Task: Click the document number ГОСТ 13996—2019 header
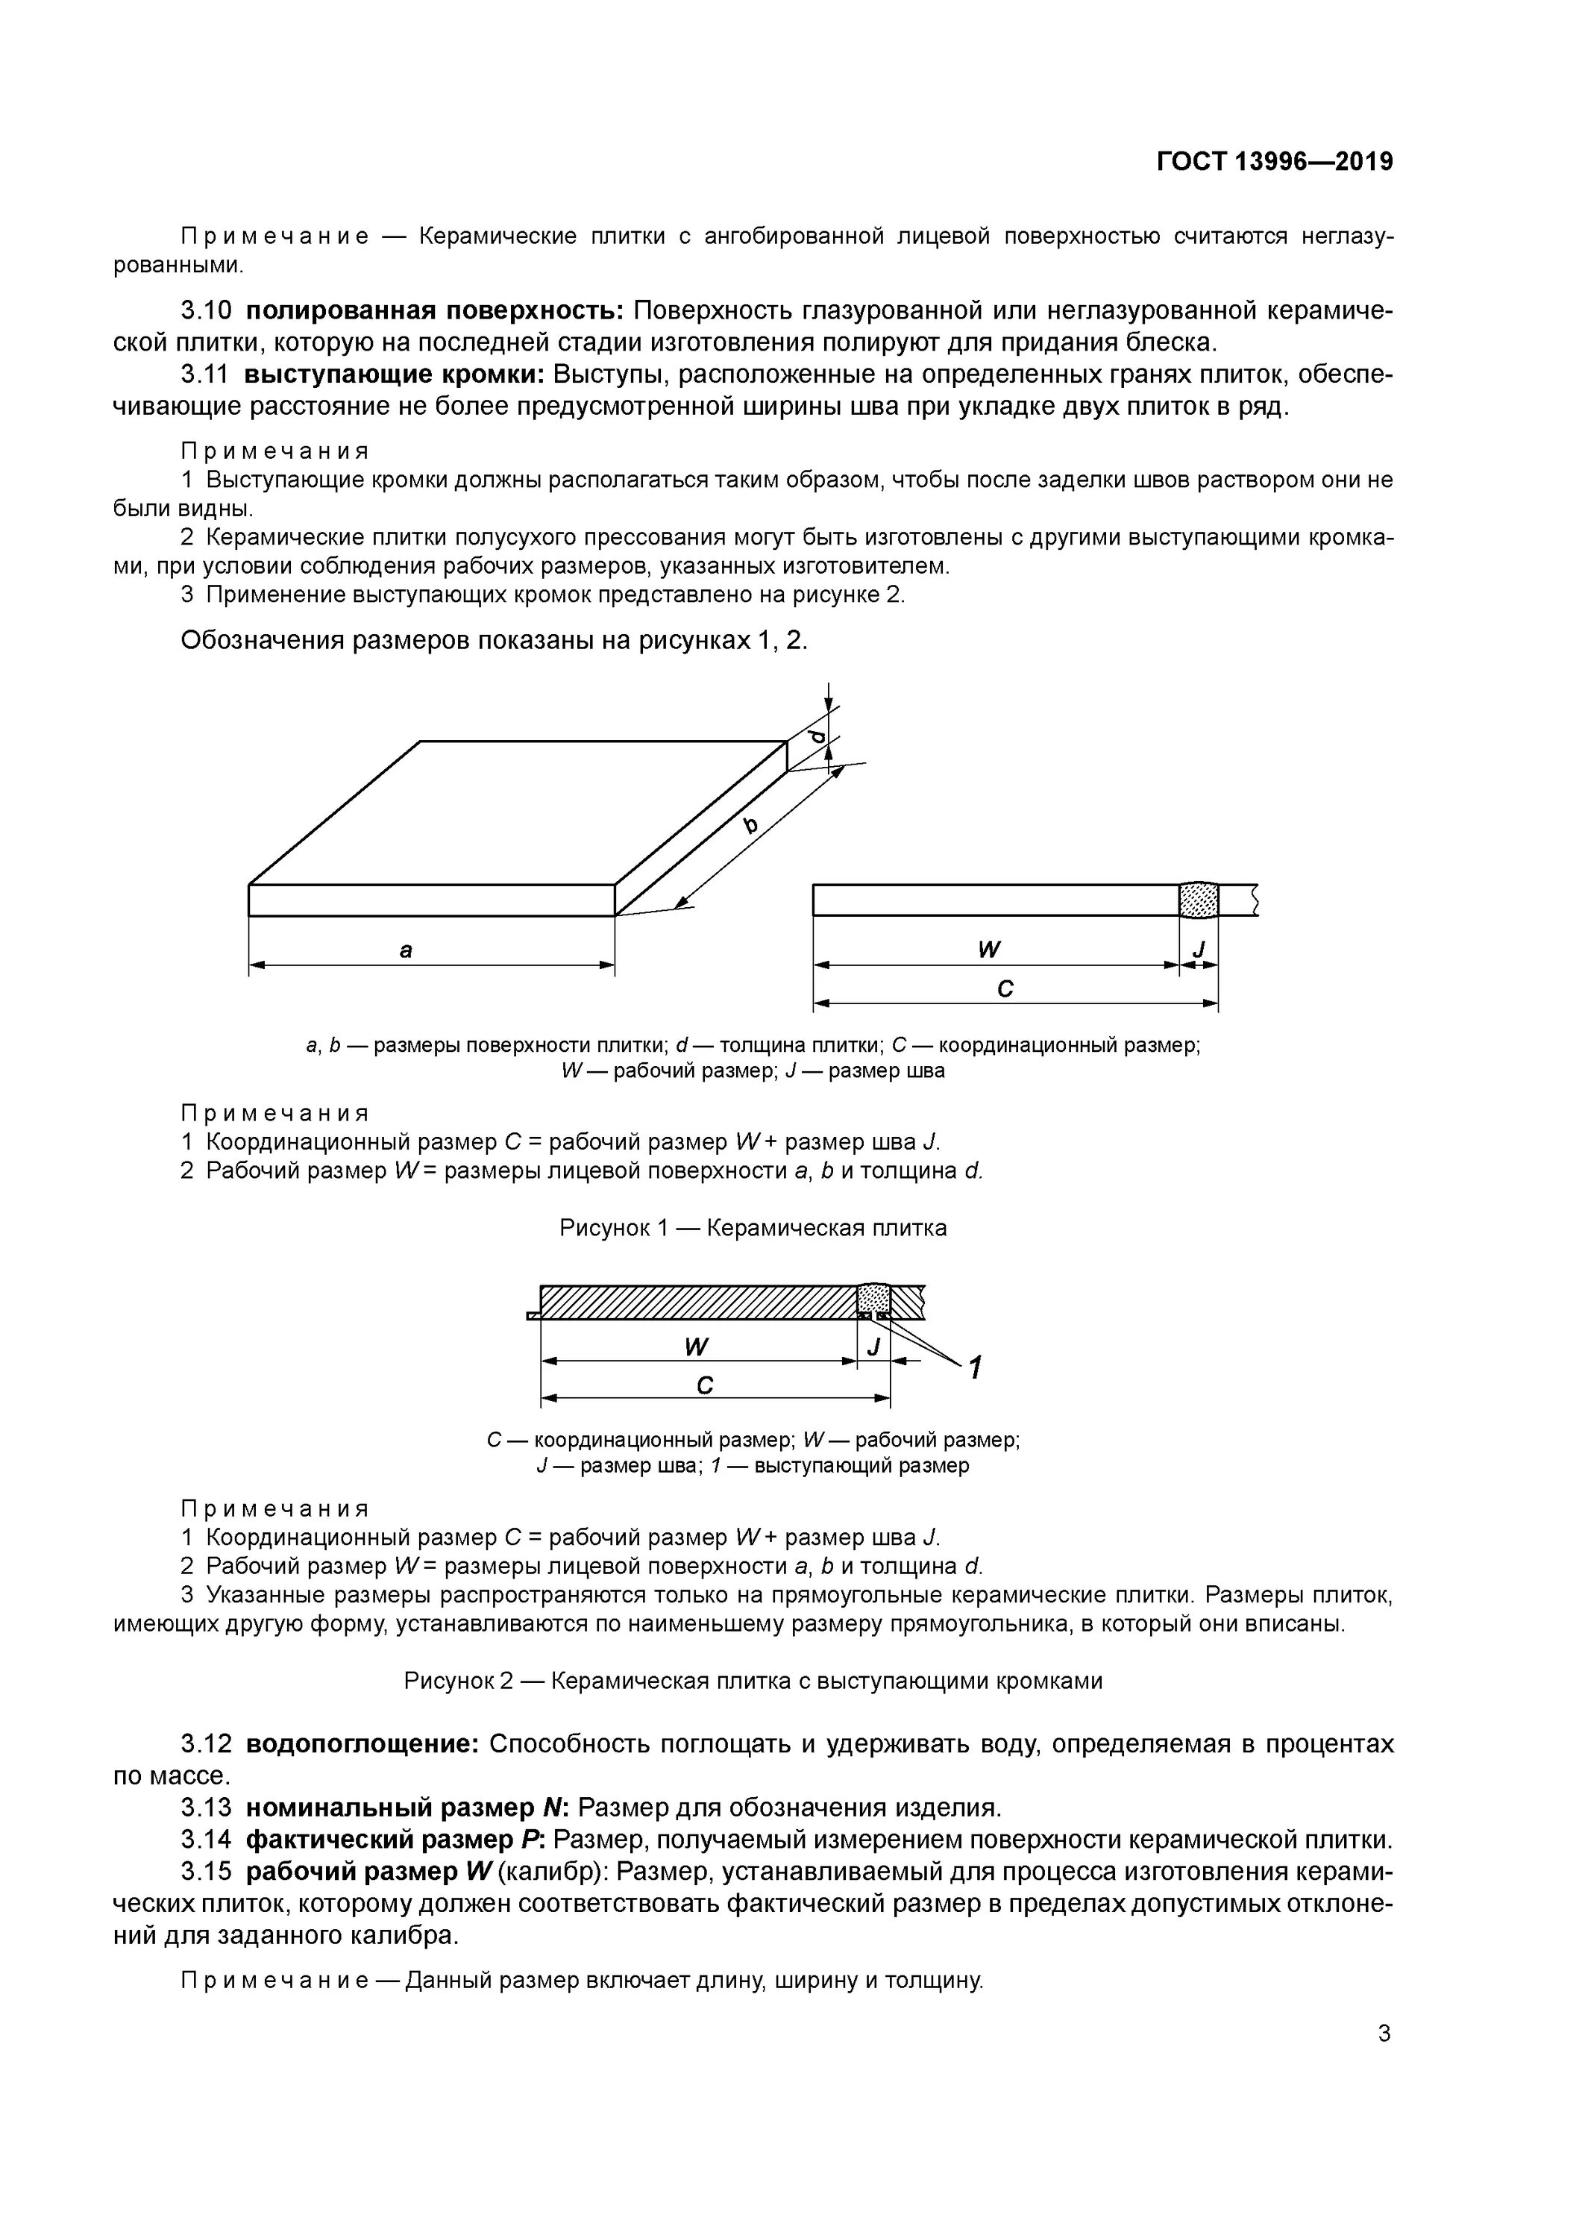(1274, 162)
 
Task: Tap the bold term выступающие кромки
(395, 375)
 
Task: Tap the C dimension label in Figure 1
(1006, 988)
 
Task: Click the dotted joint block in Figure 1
(1198, 900)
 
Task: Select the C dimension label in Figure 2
(705, 1385)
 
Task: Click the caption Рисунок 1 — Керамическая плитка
(753, 1228)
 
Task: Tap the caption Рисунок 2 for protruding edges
(753, 1681)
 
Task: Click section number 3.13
(206, 1808)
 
